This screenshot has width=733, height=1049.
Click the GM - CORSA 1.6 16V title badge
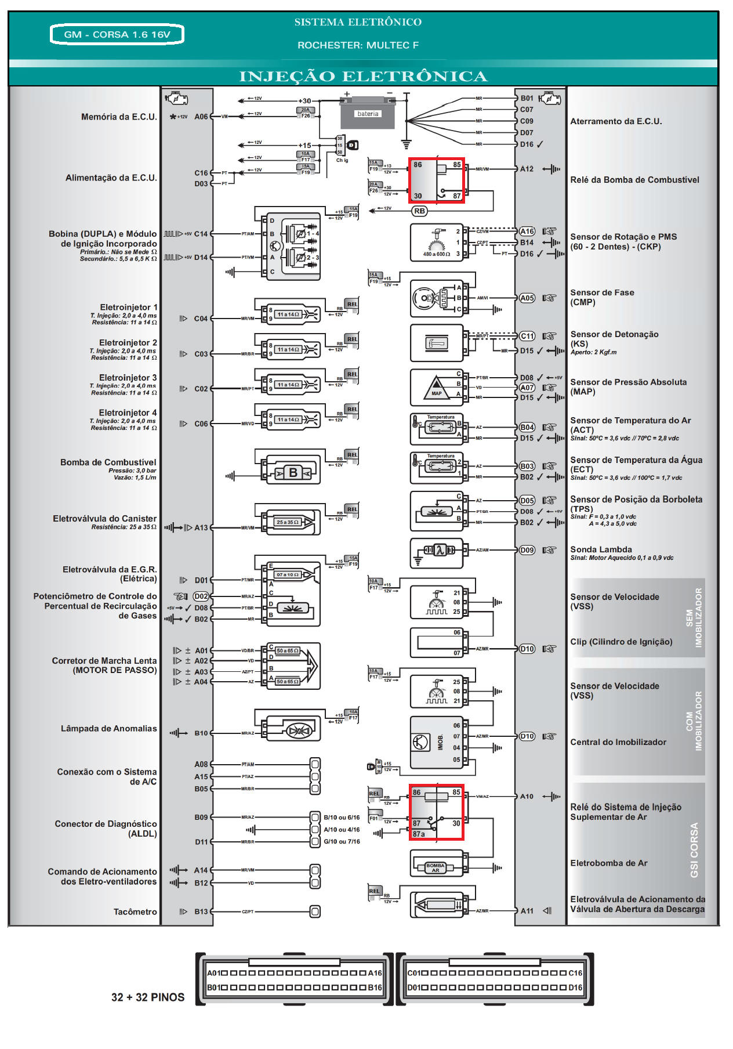pyautogui.click(x=117, y=34)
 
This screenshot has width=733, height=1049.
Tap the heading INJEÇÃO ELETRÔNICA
pyautogui.click(x=363, y=77)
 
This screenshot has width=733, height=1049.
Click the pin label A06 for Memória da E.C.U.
pyautogui.click(x=201, y=117)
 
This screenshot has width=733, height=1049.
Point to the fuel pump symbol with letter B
pyautogui.click(x=293, y=473)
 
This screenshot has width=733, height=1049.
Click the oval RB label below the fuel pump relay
pyautogui.click(x=419, y=211)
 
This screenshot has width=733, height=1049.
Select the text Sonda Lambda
pyautogui.click(x=601, y=549)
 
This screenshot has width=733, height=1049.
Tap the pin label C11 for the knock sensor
pyautogui.click(x=527, y=336)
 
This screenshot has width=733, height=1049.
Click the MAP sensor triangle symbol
pyautogui.click(x=436, y=387)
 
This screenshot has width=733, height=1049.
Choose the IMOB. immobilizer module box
pyautogui.click(x=436, y=742)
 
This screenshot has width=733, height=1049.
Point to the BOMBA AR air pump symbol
pyautogui.click(x=436, y=867)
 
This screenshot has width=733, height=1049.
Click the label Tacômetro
pyautogui.click(x=135, y=911)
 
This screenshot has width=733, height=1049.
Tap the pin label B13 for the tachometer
pyautogui.click(x=201, y=911)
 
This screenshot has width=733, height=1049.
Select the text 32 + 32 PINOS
pyautogui.click(x=148, y=997)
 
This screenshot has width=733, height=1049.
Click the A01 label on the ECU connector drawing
pyautogui.click(x=214, y=973)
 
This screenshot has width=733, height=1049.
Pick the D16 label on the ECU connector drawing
pyautogui.click(x=575, y=987)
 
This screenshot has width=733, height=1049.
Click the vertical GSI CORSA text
pyautogui.click(x=694, y=850)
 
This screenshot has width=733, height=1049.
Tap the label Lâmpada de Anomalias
pyautogui.click(x=109, y=729)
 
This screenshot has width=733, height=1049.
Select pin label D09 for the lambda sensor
pyautogui.click(x=527, y=550)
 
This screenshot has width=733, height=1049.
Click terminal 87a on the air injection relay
pyautogui.click(x=419, y=834)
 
